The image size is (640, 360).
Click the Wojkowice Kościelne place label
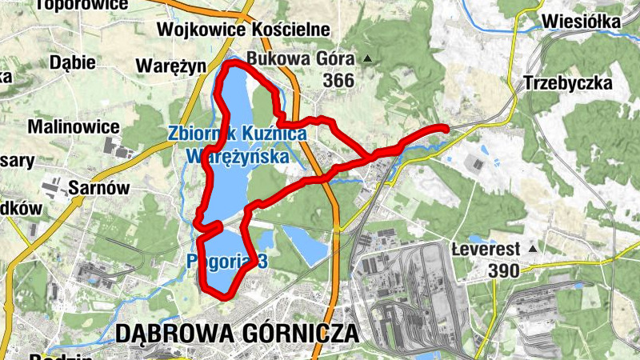[x=244, y=29]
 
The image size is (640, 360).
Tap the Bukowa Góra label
[x=301, y=58]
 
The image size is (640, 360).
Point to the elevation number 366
[x=338, y=80]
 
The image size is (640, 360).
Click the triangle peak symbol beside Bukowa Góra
[x=367, y=58]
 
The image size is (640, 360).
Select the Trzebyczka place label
[x=568, y=83]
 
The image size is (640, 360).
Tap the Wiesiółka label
[x=581, y=22]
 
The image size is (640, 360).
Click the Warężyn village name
[x=171, y=65]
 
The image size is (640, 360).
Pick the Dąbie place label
[x=72, y=62]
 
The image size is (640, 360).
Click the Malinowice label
[x=74, y=126]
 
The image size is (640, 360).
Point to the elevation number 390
[x=503, y=270]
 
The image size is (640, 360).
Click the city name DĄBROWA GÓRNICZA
[x=237, y=334]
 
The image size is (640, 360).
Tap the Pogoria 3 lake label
[x=225, y=261]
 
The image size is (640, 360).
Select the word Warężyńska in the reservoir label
[x=237, y=157]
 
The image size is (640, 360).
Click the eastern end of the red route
[x=444, y=128]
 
